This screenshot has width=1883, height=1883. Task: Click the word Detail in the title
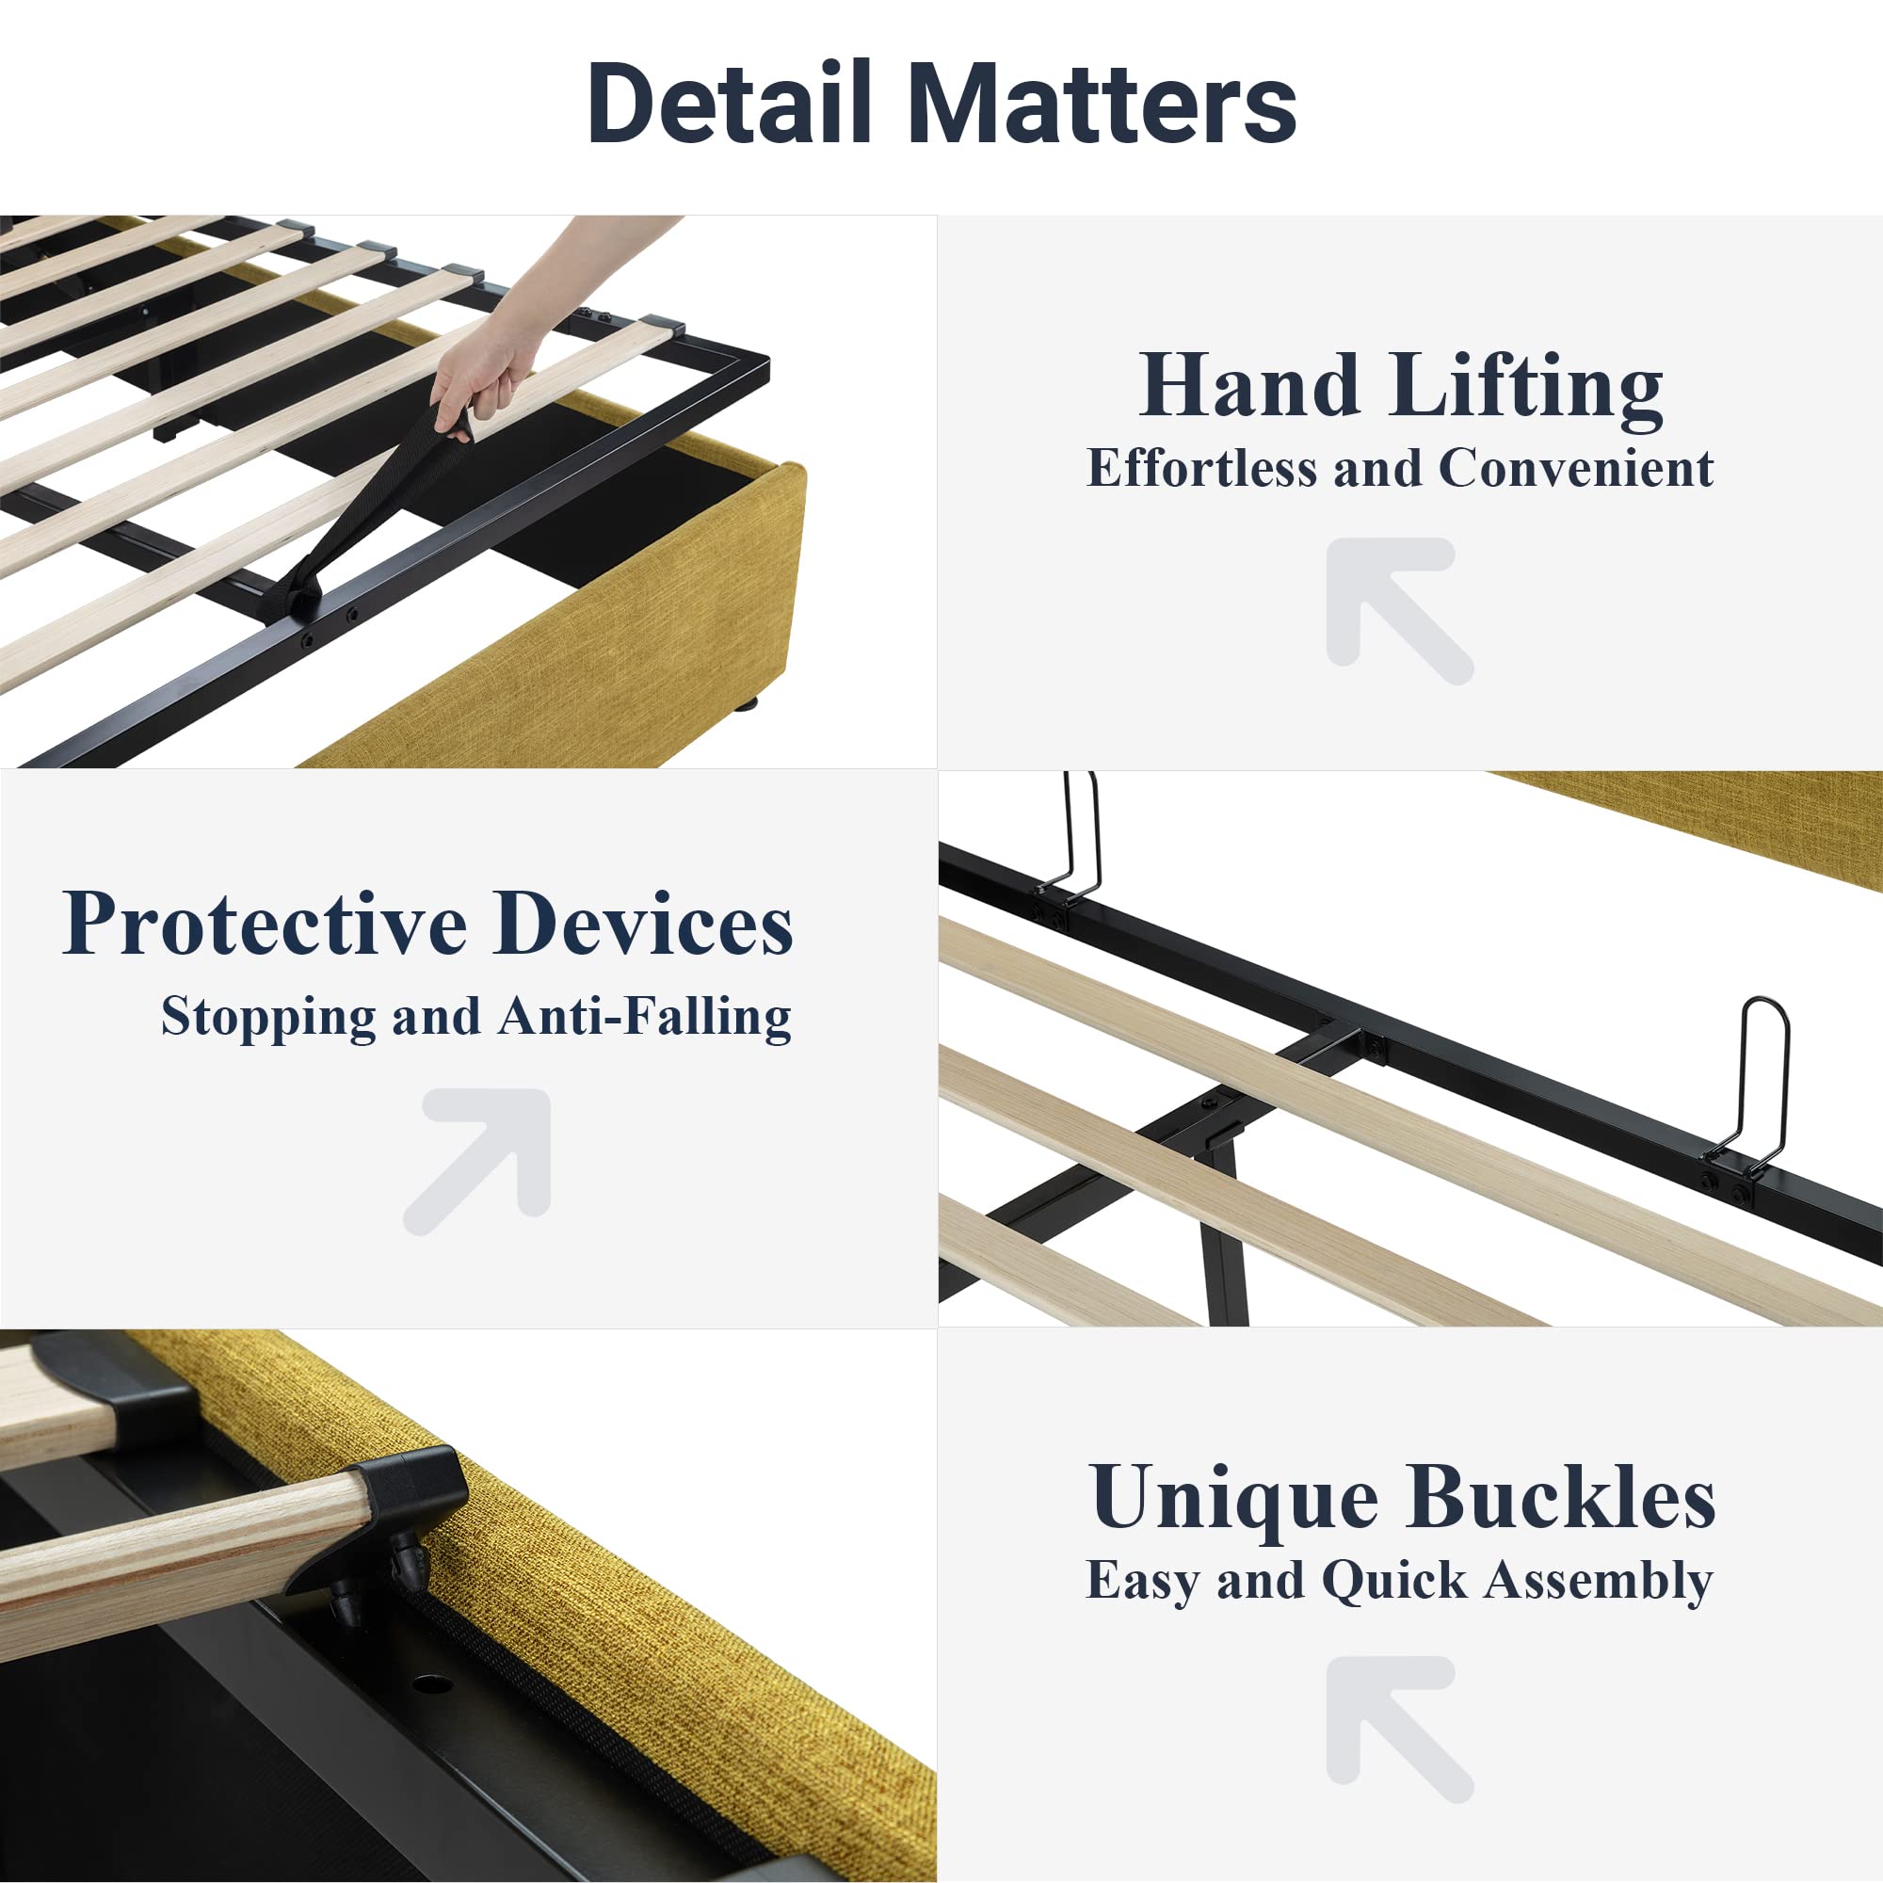click(730, 103)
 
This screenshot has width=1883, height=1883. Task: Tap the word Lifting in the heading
click(1527, 388)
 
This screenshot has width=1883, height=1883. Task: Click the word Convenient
click(1576, 468)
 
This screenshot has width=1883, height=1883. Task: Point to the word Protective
click(266, 923)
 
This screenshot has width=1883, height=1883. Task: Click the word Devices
click(643, 923)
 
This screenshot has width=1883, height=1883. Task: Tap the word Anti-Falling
click(644, 1017)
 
